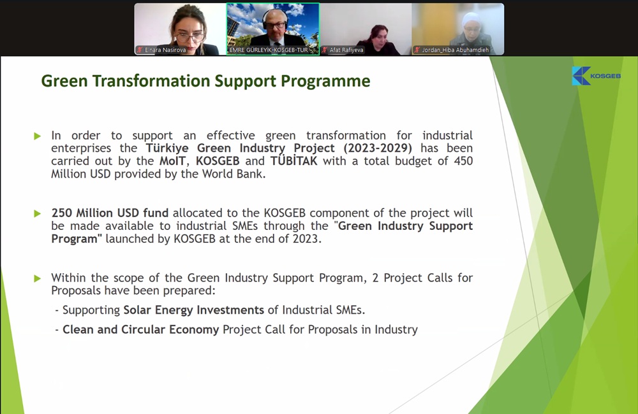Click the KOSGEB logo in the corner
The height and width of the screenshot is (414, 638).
(596, 76)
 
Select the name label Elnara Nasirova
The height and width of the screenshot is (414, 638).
(165, 50)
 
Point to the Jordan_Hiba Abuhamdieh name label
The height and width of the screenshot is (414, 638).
(456, 50)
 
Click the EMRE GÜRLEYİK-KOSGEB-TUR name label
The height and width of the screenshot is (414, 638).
(269, 50)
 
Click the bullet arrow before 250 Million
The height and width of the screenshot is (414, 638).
(38, 213)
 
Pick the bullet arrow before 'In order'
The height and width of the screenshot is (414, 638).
(38, 136)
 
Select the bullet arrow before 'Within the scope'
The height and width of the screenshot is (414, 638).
(38, 278)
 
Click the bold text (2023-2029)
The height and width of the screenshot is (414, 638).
(378, 148)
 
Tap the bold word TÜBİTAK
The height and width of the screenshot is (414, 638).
(293, 161)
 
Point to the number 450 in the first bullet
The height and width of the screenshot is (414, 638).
(463, 161)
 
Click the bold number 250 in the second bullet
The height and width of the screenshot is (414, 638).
(62, 213)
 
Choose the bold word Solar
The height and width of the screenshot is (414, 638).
(137, 310)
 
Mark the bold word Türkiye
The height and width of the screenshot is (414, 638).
(167, 148)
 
